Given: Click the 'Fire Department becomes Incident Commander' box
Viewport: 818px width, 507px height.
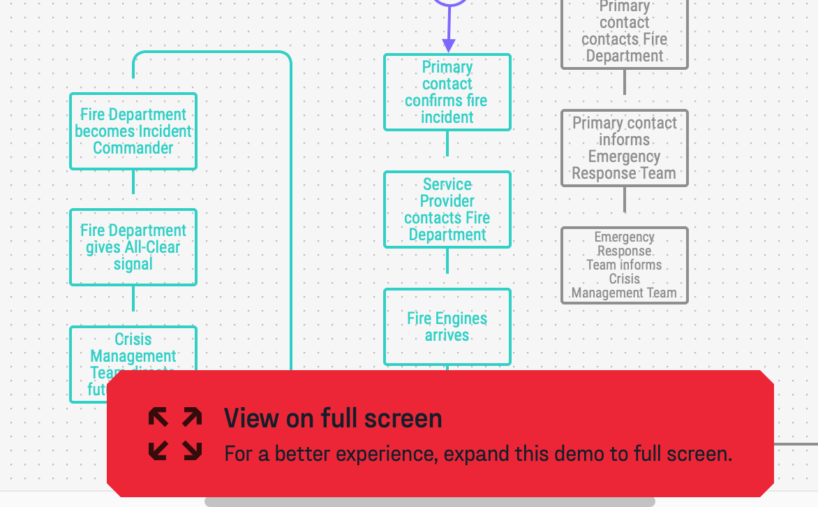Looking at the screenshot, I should (x=133, y=131).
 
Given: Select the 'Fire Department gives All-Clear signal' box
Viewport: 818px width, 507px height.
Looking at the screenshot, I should (x=133, y=247).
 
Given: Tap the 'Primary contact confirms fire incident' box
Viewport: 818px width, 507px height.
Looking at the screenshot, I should (x=447, y=92).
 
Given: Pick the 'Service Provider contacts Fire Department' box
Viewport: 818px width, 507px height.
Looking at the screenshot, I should (x=447, y=210).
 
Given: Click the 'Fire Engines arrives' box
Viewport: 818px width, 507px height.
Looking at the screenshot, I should (x=447, y=327).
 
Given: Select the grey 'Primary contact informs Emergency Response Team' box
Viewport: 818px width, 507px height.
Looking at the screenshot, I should (x=625, y=148).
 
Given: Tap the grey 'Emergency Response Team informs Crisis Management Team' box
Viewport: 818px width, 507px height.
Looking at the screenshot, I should (x=625, y=265).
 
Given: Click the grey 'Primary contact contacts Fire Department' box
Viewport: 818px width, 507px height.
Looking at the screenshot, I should (x=625, y=31).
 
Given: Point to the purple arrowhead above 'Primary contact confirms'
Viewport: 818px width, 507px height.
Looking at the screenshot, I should (x=449, y=45).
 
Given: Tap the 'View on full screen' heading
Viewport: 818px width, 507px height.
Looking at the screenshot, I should (x=333, y=418).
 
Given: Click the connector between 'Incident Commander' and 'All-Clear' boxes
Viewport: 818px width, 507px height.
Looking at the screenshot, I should (x=133, y=182).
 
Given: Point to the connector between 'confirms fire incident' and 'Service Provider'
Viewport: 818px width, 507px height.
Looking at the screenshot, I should (x=447, y=145).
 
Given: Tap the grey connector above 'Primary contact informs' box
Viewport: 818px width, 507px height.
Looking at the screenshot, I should (x=625, y=84).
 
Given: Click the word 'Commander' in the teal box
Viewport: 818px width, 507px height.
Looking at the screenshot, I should (x=133, y=148).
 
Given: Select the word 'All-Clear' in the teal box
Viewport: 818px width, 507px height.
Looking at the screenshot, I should (x=153, y=247).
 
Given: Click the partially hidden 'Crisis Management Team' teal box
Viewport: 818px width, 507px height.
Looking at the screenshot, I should (x=133, y=349).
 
